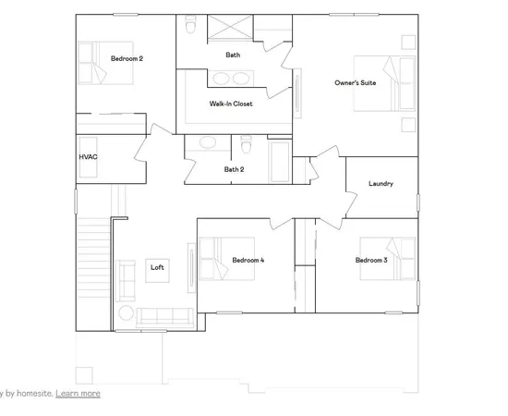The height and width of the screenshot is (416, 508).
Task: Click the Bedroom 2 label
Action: pyautogui.click(x=127, y=58)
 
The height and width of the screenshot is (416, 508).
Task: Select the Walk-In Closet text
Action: pyautogui.click(x=231, y=104)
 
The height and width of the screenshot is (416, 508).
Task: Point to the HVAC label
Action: pyautogui.click(x=88, y=157)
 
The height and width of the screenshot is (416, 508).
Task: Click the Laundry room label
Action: pyautogui.click(x=381, y=183)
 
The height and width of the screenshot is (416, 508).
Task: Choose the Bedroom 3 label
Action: pyautogui.click(x=371, y=261)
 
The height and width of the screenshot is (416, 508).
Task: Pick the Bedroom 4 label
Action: pyautogui.click(x=248, y=261)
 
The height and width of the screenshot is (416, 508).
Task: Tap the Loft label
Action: pyautogui.click(x=157, y=267)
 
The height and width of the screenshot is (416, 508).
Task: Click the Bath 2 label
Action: pyautogui.click(x=234, y=169)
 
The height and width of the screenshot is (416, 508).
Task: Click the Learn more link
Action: pyautogui.click(x=78, y=393)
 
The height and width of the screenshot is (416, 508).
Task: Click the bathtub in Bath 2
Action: pyautogui.click(x=280, y=162)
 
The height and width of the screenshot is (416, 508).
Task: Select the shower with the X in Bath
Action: pyautogui.click(x=223, y=29)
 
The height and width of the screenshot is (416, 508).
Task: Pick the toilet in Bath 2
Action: pyautogui.click(x=246, y=147)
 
